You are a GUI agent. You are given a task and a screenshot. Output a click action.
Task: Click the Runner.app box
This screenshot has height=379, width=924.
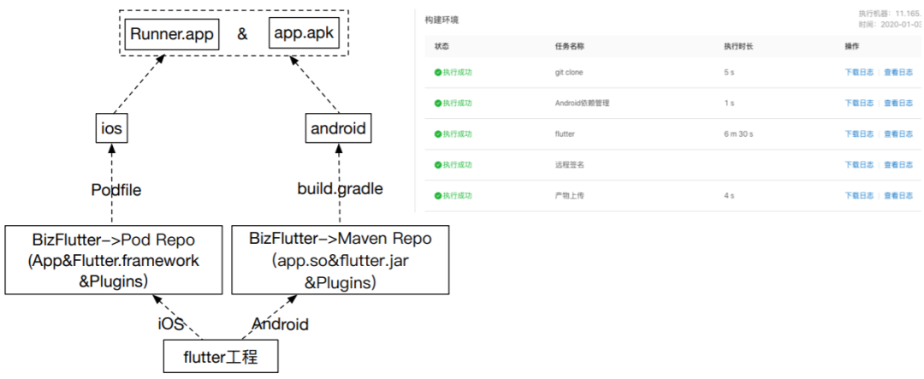(x=171, y=35)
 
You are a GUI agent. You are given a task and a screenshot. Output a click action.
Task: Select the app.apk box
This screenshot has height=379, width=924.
(x=304, y=35)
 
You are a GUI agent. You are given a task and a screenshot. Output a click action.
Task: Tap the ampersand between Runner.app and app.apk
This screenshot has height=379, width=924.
(x=242, y=35)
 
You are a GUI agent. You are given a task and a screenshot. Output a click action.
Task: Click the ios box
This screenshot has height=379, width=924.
(x=112, y=129)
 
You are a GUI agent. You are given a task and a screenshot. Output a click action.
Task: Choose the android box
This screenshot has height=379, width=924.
(x=338, y=129)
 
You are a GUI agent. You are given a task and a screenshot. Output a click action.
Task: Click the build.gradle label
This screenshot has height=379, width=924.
(x=340, y=189)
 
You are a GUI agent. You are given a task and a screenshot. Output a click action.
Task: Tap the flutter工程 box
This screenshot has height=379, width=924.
(x=222, y=357)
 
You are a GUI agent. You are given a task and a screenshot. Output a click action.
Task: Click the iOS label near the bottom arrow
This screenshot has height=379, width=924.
(x=170, y=324)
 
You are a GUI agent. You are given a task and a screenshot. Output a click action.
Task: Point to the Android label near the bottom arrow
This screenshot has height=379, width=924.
(x=280, y=324)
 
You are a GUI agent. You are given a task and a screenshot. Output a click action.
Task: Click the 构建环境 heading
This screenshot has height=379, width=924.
(x=441, y=19)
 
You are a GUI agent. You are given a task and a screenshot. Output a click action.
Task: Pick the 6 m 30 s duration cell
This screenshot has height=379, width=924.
(x=738, y=134)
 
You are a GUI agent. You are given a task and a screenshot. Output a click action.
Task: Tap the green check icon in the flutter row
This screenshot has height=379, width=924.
(x=437, y=134)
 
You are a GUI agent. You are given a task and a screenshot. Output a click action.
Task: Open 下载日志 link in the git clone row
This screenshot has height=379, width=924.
(x=859, y=73)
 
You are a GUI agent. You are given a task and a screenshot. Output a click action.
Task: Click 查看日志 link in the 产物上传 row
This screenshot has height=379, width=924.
(x=898, y=196)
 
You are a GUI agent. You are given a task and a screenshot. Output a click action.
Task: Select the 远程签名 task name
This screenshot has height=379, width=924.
(x=569, y=165)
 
